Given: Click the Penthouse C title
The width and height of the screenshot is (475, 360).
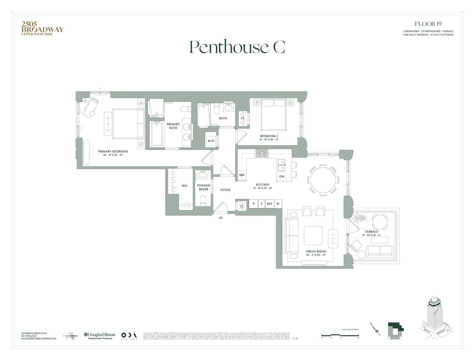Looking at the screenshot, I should tap(237, 47).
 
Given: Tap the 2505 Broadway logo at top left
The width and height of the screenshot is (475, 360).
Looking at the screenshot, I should tap(42, 29).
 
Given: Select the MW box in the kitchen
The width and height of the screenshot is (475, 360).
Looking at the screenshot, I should tap(241, 175).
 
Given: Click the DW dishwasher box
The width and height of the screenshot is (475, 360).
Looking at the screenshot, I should tap(282, 176).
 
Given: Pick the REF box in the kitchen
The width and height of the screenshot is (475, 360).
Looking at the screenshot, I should tap(270, 204).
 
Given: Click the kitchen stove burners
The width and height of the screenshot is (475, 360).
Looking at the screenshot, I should tap(261, 153).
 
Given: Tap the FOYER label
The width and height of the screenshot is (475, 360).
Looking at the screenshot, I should tap(225, 190).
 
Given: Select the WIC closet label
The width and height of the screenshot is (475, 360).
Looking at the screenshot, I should tap(184, 186).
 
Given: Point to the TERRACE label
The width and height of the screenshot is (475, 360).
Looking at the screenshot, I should tap(371, 232).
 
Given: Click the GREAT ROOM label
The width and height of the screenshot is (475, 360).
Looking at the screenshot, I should tap(316, 252).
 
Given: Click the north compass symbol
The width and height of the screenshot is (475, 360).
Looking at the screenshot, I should tap(376, 329).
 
